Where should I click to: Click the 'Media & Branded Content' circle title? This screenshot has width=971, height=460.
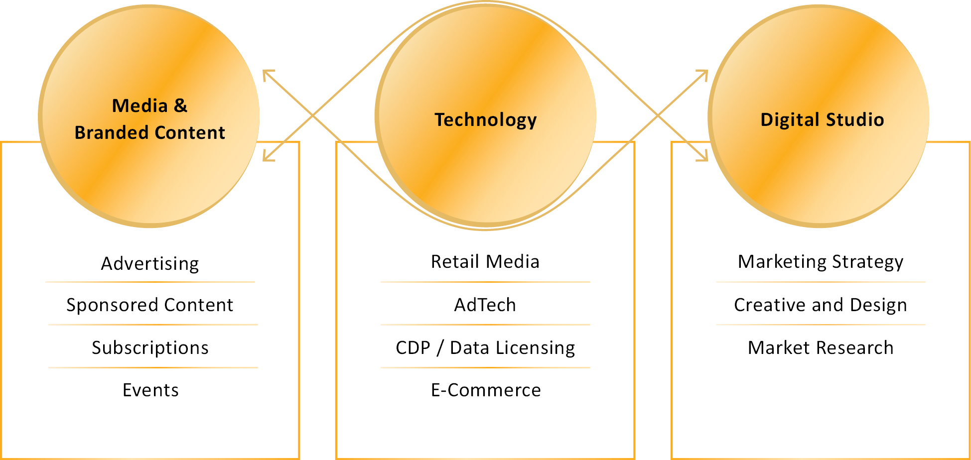click(149, 119)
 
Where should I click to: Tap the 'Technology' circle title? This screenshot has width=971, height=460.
click(486, 120)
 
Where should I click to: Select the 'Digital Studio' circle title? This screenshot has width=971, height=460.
click(822, 120)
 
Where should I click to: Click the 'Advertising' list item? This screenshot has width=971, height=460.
click(150, 263)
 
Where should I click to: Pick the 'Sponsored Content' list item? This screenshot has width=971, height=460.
click(150, 305)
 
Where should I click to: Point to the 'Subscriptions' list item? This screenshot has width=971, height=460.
click(150, 347)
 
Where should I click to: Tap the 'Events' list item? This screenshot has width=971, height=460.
click(150, 390)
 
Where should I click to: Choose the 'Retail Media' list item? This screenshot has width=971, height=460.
click(485, 261)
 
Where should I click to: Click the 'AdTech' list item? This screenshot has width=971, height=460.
click(485, 305)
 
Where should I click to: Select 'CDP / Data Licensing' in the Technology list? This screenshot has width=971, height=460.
click(485, 347)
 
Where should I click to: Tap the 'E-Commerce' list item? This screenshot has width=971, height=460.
click(486, 390)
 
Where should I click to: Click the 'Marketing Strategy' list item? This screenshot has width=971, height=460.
click(821, 261)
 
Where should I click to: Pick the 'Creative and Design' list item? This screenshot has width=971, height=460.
click(821, 305)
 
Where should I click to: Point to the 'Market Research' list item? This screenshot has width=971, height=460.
click(821, 347)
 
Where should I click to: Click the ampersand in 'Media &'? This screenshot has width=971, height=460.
click(180, 106)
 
